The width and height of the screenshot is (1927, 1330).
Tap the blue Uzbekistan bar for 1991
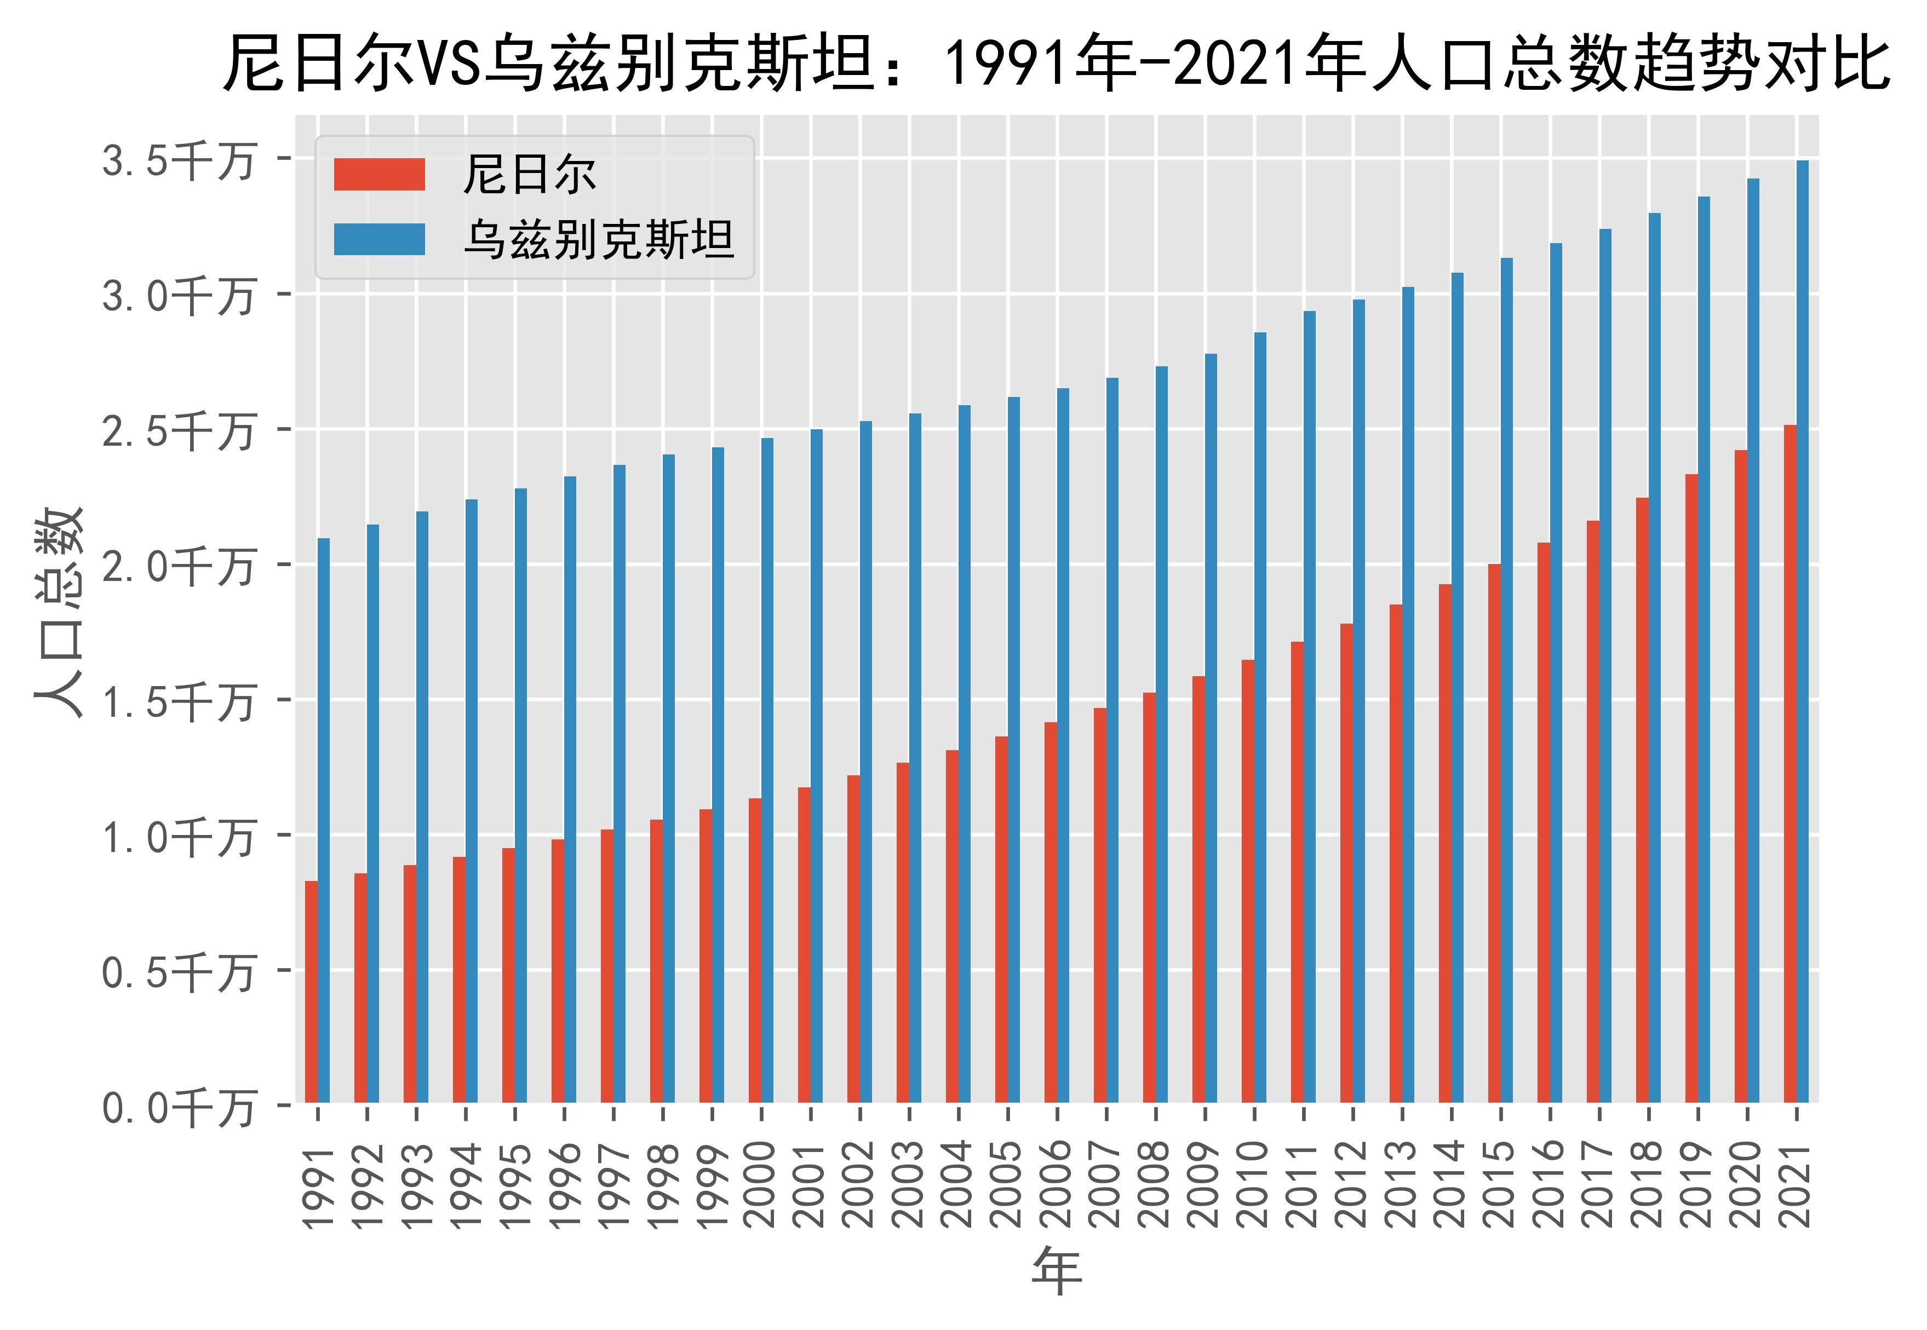pos(323,821)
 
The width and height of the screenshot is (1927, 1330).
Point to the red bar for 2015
pos(1494,833)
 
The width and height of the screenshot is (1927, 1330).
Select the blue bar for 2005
pos(1013,750)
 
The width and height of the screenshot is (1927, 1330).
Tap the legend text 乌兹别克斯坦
pos(599,240)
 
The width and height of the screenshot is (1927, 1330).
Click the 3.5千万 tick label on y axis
pos(177,161)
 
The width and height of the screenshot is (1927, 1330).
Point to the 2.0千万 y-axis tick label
pos(177,567)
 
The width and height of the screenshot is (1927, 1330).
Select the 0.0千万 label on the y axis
pos(177,1108)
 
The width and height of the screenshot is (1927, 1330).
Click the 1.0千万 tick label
pos(177,838)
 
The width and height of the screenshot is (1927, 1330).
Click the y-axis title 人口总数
pos(60,613)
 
